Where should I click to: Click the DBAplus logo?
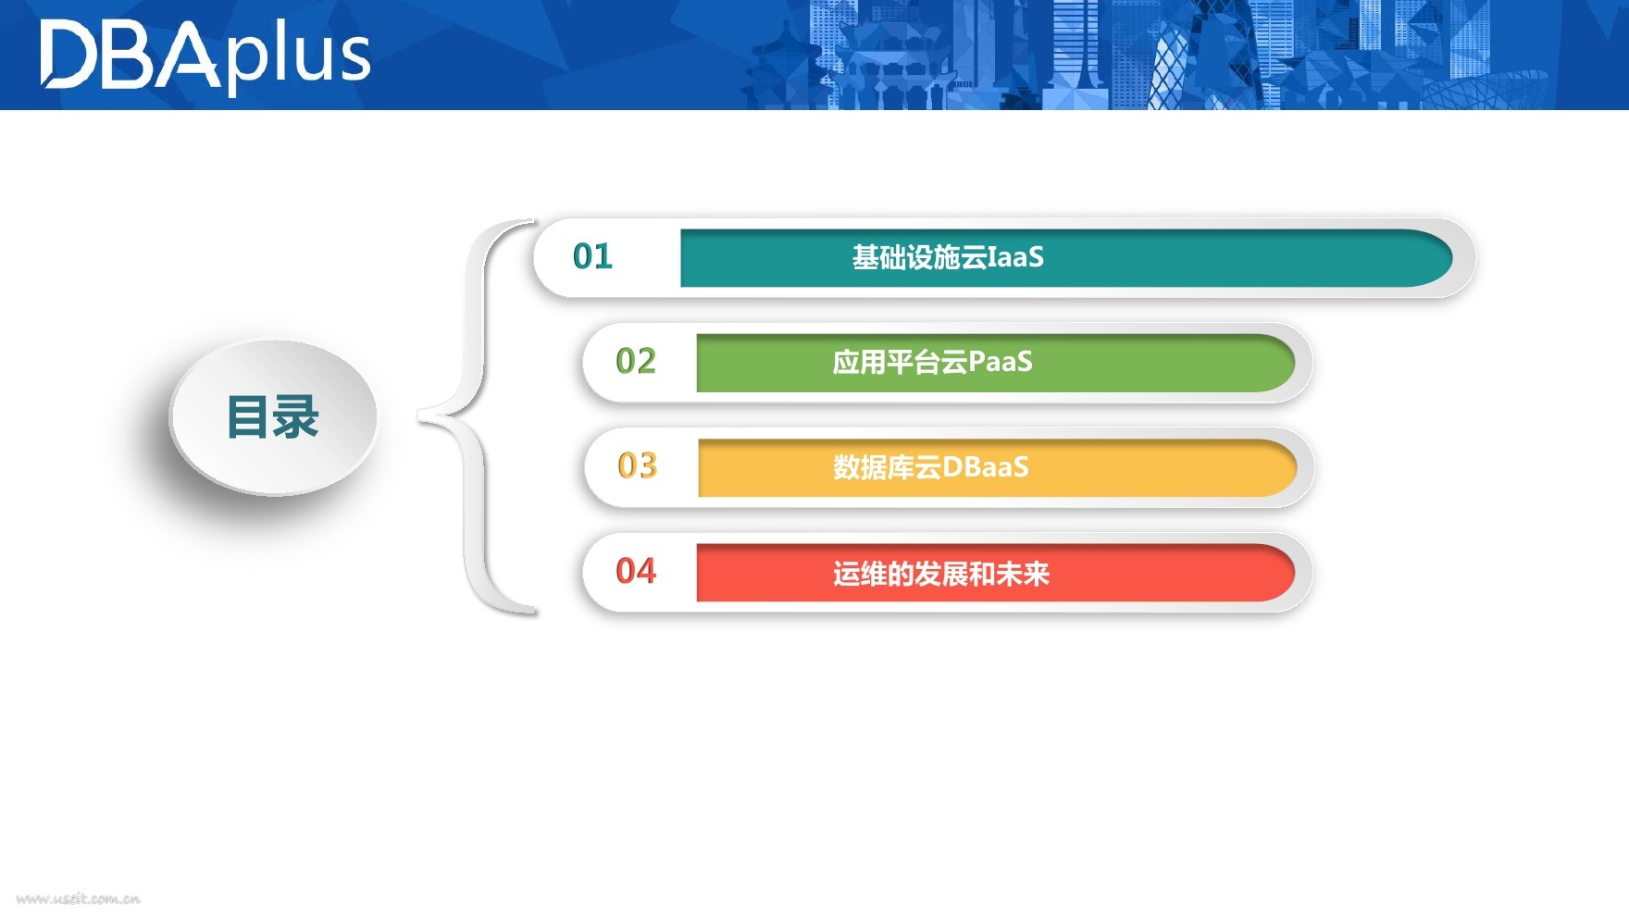click(x=205, y=56)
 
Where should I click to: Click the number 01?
click(x=592, y=256)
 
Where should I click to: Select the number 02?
click(x=636, y=361)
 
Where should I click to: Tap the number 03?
click(x=637, y=465)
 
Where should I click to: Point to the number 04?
click(x=636, y=571)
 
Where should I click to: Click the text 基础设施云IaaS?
click(x=948, y=257)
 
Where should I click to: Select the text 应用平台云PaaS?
click(x=932, y=362)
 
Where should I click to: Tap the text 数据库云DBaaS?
click(x=930, y=467)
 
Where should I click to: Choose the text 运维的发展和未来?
click(x=940, y=574)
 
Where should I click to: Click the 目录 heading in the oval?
click(x=273, y=417)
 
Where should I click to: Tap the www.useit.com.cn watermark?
click(x=79, y=898)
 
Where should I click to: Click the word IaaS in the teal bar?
click(x=1015, y=257)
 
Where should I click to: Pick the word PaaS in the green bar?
click(x=1000, y=362)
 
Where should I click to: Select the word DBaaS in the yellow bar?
click(x=985, y=467)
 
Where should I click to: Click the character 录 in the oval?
click(x=296, y=417)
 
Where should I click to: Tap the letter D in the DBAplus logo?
click(x=68, y=56)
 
